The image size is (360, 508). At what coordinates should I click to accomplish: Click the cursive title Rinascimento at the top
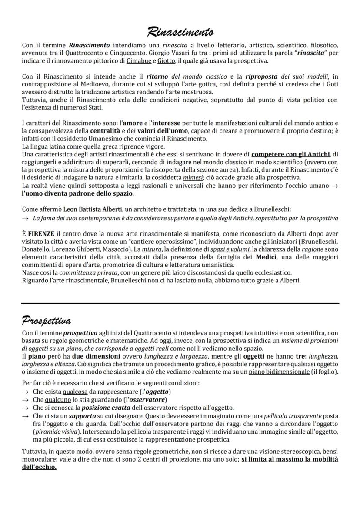(x=180, y=31)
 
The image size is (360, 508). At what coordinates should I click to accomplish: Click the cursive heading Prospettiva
(x=47, y=321)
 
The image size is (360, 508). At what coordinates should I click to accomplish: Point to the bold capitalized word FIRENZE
(x=41, y=233)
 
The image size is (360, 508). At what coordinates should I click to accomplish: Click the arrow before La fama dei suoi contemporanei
(x=26, y=218)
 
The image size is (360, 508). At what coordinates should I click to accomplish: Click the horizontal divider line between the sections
(x=180, y=303)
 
